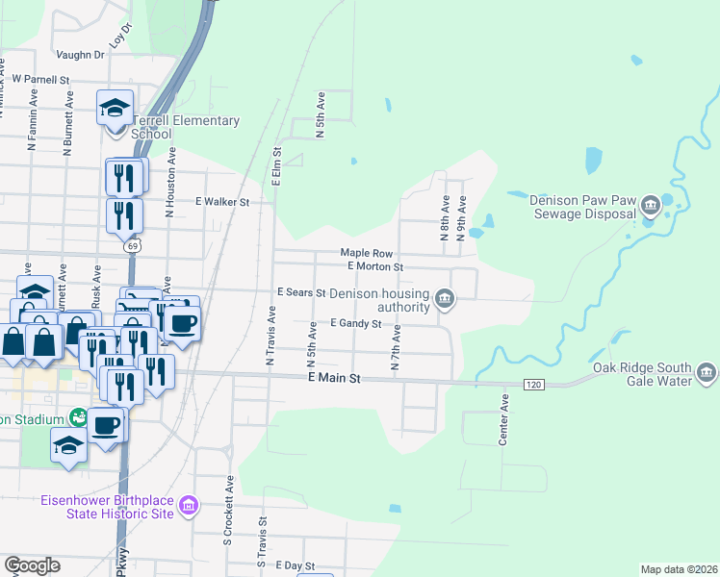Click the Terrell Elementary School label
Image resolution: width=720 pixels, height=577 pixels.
(x=186, y=128)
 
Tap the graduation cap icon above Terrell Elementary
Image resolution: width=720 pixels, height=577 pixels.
(x=116, y=106)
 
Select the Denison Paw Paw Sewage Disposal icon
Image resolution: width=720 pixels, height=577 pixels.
(x=651, y=204)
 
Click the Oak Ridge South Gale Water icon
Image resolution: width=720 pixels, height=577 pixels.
(x=706, y=373)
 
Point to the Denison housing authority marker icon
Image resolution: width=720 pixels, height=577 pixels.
(x=444, y=299)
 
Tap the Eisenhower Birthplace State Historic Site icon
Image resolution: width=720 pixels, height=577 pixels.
(x=189, y=505)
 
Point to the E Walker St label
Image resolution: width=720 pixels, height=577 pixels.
(x=222, y=202)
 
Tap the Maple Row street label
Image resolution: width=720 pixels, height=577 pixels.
(x=367, y=253)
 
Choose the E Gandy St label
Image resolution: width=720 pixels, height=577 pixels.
(x=357, y=324)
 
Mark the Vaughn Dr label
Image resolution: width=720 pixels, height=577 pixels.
(x=80, y=55)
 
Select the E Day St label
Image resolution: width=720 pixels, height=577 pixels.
(x=295, y=566)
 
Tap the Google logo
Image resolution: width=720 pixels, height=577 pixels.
(x=32, y=565)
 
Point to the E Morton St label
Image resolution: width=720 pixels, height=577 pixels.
(x=374, y=265)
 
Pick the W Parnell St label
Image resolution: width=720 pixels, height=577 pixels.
(x=41, y=80)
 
